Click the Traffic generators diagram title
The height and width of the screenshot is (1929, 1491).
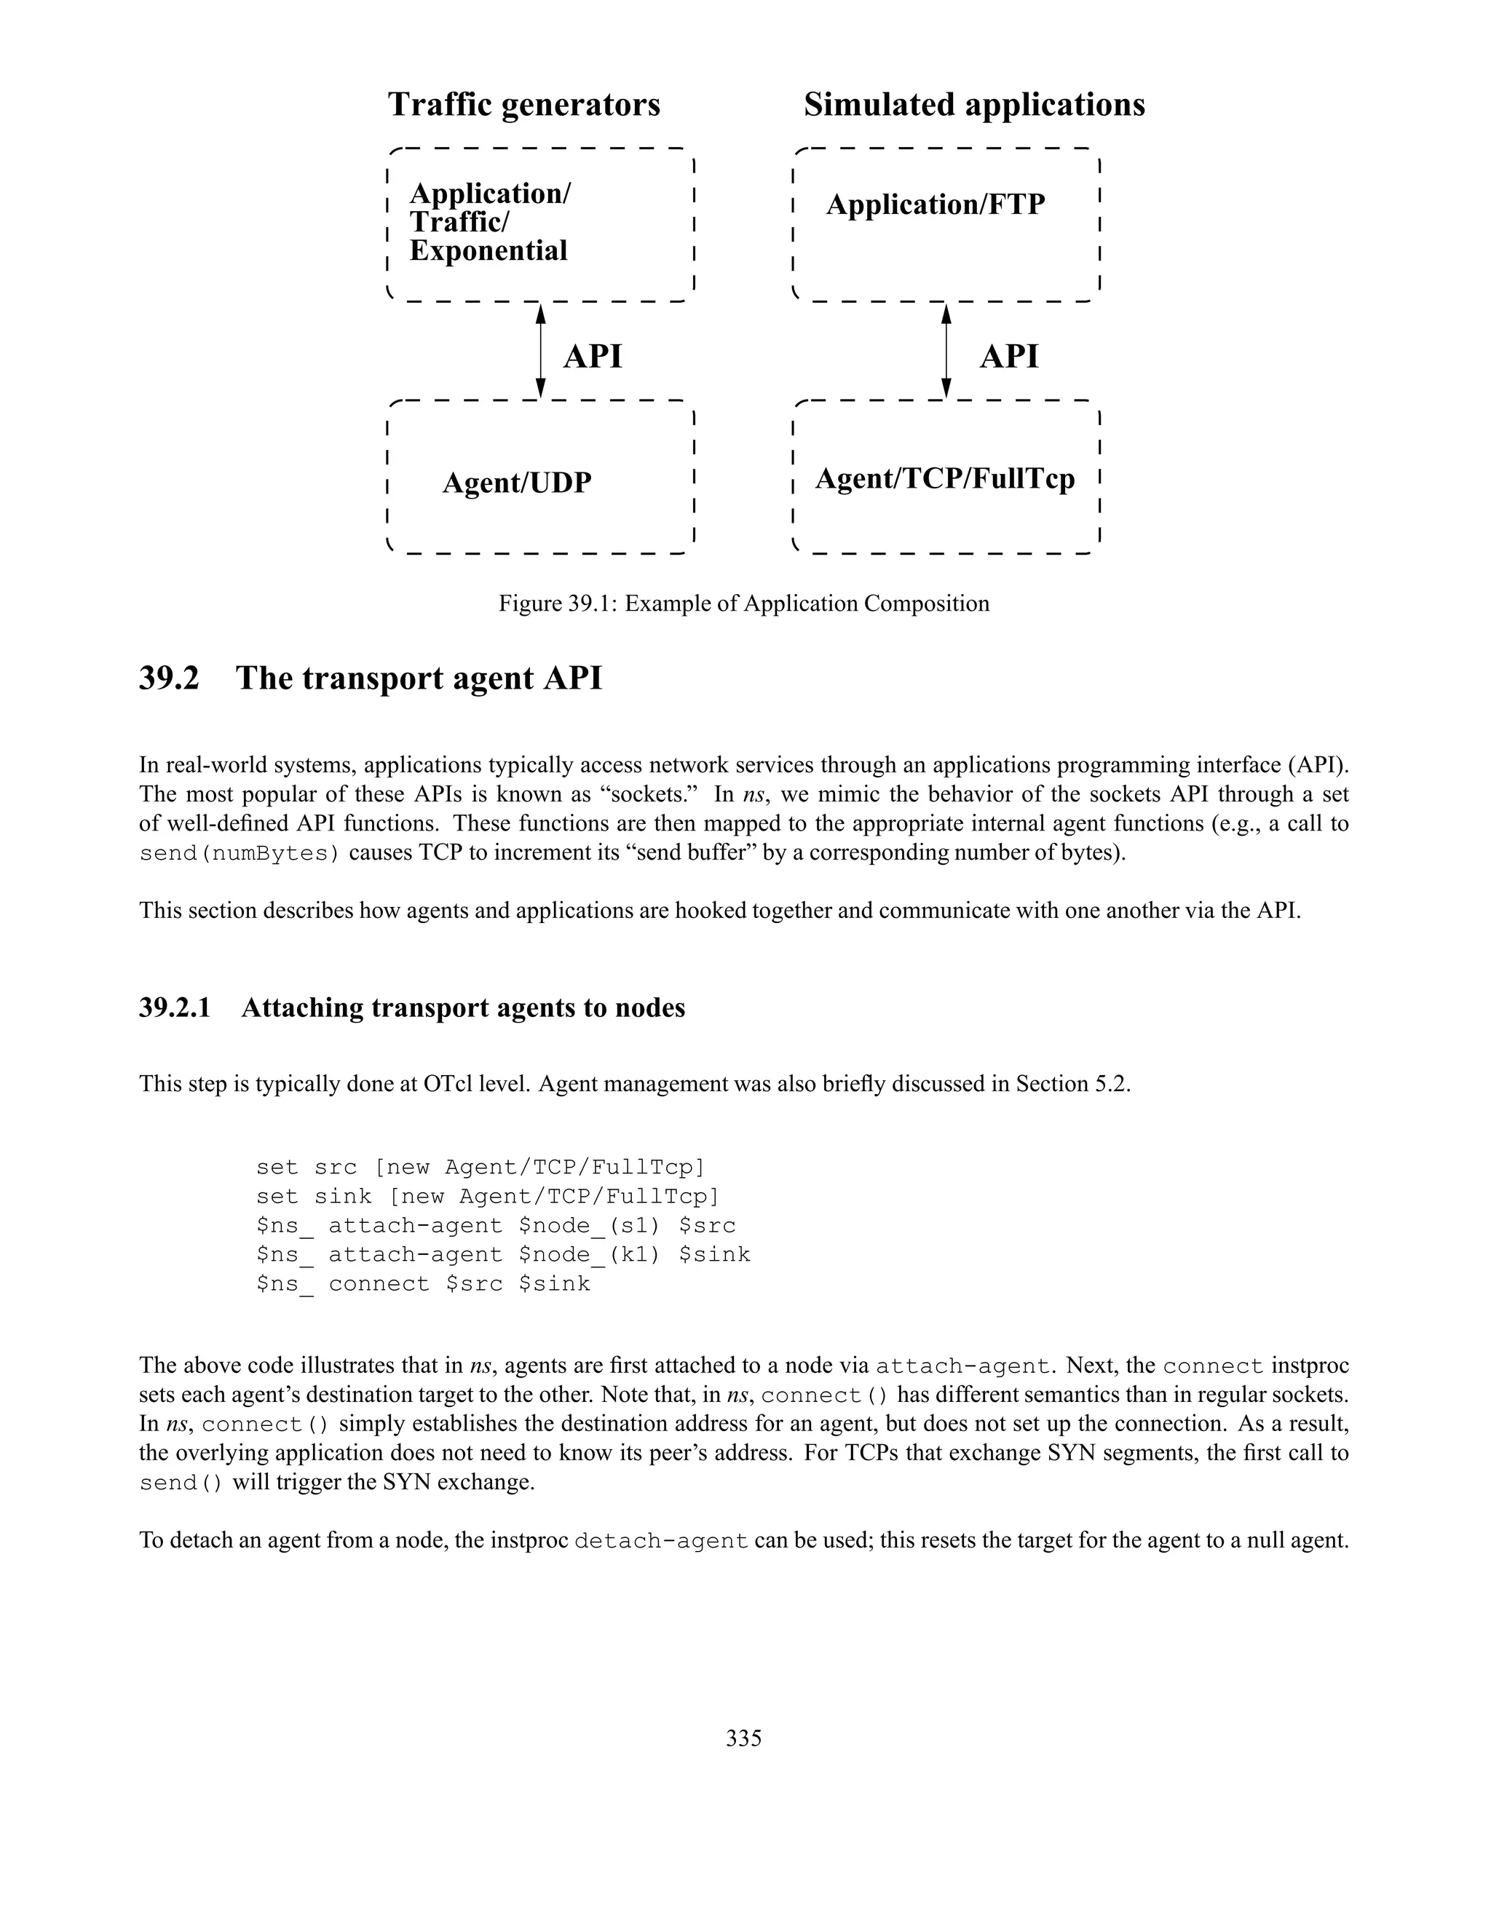(x=523, y=104)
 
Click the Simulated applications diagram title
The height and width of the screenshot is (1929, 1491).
(x=973, y=104)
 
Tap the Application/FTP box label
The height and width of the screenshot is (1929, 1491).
(x=936, y=205)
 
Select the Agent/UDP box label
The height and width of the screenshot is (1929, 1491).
(x=517, y=483)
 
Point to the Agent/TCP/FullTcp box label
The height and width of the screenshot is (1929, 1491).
(x=944, y=479)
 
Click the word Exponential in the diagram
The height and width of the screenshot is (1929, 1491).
(x=489, y=251)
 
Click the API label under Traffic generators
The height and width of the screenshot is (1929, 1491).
(x=593, y=357)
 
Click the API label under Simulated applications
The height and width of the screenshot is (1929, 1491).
(x=1009, y=357)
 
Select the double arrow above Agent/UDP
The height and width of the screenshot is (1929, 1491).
(x=542, y=352)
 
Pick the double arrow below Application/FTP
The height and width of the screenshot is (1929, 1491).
(x=946, y=352)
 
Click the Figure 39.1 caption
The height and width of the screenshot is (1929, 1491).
(x=744, y=604)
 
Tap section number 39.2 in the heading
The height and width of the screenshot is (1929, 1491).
(x=169, y=678)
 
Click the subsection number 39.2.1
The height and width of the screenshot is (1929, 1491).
(x=175, y=1007)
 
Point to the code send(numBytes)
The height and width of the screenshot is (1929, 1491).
(x=240, y=853)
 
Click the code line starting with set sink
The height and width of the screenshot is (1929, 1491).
(x=488, y=1197)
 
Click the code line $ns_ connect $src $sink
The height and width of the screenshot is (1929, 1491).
(x=423, y=1284)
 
